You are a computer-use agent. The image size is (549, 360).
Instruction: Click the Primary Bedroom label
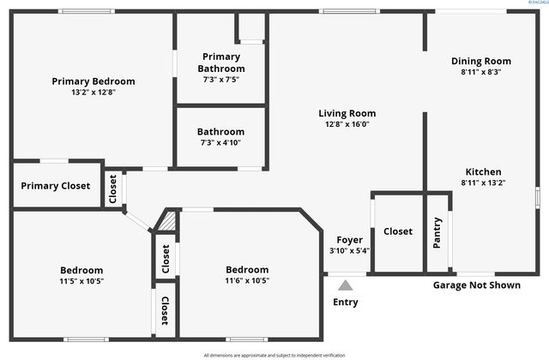tap(94, 81)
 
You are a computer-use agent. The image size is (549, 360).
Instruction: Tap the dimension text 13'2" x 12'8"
tap(94, 93)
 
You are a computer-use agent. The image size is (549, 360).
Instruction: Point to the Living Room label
tap(347, 113)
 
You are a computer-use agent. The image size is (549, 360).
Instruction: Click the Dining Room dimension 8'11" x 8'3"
tap(481, 72)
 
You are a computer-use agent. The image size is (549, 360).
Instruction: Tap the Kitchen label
tap(483, 171)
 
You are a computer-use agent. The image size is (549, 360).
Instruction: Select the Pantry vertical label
tap(437, 234)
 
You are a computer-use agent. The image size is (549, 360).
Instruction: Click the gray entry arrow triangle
tap(345, 285)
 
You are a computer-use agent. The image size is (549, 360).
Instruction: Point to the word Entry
tap(345, 302)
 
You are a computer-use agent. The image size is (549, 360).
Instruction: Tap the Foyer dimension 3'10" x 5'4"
tap(348, 251)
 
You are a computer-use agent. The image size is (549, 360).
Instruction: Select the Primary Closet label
tap(55, 186)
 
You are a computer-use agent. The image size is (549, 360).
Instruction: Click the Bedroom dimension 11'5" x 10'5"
tap(81, 280)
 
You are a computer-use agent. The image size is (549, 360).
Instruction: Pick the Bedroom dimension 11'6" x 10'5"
tap(247, 280)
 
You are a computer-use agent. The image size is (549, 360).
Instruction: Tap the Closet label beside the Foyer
tap(398, 231)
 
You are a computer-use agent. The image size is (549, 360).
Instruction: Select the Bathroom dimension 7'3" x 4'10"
tap(221, 142)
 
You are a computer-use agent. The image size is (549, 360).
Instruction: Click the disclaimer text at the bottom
tap(274, 355)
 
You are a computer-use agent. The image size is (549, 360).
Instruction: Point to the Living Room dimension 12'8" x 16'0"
tap(347, 123)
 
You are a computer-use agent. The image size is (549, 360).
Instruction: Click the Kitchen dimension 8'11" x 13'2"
tap(483, 183)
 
